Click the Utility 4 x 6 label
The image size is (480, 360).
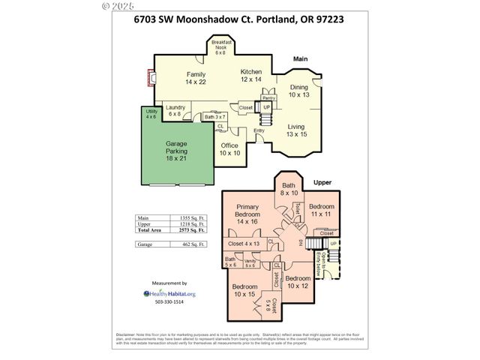[151, 114]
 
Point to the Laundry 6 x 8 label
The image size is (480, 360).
[175, 111]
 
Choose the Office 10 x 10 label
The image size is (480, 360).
[229, 148]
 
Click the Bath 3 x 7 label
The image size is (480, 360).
[215, 117]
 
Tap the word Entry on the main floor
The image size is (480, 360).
[259, 131]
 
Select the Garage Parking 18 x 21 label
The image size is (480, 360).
[177, 151]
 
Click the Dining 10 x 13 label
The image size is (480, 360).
[298, 91]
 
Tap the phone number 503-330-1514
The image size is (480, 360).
[169, 303]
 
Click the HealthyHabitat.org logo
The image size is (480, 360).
[169, 293]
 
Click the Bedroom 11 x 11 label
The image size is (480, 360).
[321, 210]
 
